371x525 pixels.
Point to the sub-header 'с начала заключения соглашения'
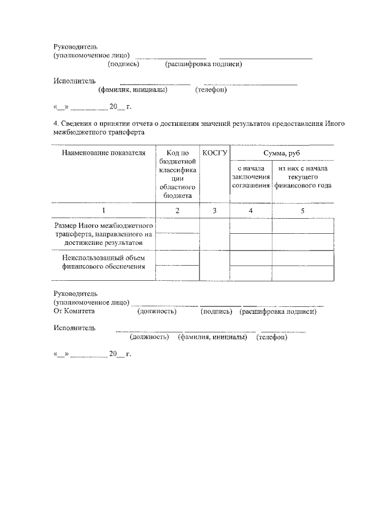[x=250, y=177]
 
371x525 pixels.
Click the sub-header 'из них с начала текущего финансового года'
[x=303, y=177]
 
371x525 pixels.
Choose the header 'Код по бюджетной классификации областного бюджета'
[x=177, y=174]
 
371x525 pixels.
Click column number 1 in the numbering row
[x=103, y=211]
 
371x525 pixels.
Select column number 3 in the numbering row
[x=214, y=211]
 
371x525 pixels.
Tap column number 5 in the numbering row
[x=303, y=211]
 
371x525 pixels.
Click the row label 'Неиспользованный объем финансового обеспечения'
[x=103, y=262]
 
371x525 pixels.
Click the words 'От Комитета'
[x=74, y=312]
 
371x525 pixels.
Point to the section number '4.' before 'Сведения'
[x=56, y=124]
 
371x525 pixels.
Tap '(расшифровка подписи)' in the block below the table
[x=277, y=312]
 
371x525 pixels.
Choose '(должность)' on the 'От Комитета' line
[x=157, y=312]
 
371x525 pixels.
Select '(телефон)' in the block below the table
[x=272, y=336]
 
